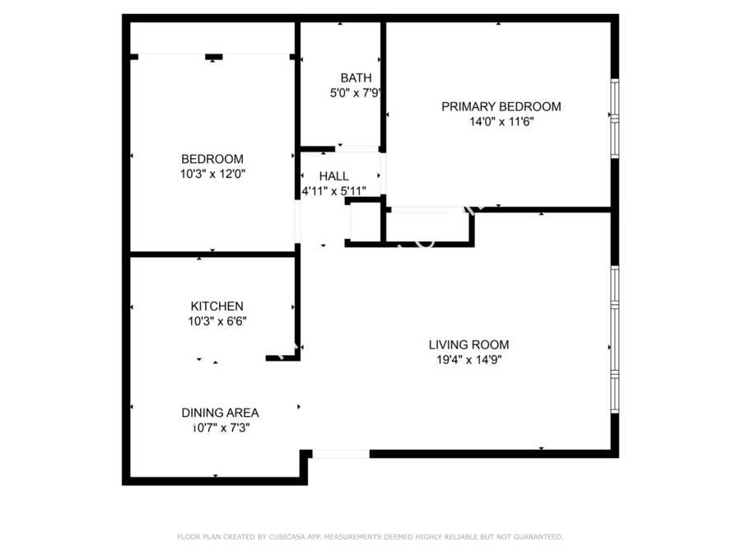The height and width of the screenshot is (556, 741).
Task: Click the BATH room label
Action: pos(356,77)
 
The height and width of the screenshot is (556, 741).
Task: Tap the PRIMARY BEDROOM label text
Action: pos(501,106)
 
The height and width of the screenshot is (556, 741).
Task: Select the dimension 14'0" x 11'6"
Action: pos(501,122)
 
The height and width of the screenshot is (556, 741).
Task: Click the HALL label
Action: pos(333,176)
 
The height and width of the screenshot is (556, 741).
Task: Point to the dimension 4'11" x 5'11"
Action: pos(333,191)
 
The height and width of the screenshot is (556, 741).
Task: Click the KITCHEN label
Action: pos(217,306)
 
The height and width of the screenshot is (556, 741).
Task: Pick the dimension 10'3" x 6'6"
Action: pos(217,321)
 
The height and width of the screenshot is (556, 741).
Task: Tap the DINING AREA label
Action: pos(220,413)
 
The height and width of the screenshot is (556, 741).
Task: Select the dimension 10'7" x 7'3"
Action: pos(220,428)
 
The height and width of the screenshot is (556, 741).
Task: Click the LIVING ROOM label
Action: pos(468,344)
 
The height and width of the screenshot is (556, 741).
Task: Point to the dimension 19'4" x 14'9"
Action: pos(468,360)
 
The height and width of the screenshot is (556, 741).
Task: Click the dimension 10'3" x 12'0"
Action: pos(212,174)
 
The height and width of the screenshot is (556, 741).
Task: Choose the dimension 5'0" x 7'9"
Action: pos(355,92)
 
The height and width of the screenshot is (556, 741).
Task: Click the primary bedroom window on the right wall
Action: pos(614,119)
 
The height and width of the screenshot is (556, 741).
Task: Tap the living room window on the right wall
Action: pos(614,339)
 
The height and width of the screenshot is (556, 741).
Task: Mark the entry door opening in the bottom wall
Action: pos(341,454)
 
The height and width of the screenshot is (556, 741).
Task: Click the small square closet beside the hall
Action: pos(366,222)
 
